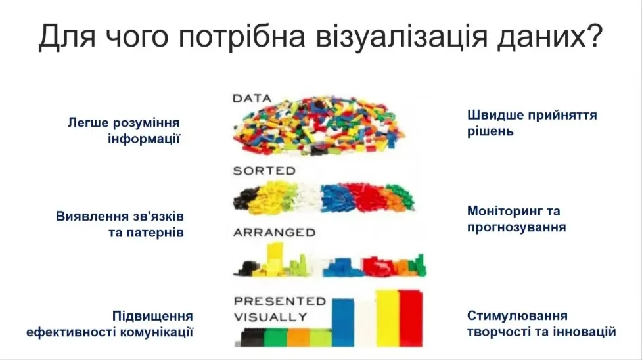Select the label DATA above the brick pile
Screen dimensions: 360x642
point(252,99)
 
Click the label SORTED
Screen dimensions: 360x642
point(264,171)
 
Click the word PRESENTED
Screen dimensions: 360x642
point(280,302)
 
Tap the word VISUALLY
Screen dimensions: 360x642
point(271,317)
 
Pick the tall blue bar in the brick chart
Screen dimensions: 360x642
point(342,322)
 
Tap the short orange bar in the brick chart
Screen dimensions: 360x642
point(298,337)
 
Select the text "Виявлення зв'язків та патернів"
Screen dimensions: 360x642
point(120,225)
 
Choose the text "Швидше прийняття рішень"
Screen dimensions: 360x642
point(532,123)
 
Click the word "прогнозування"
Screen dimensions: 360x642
point(516,228)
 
